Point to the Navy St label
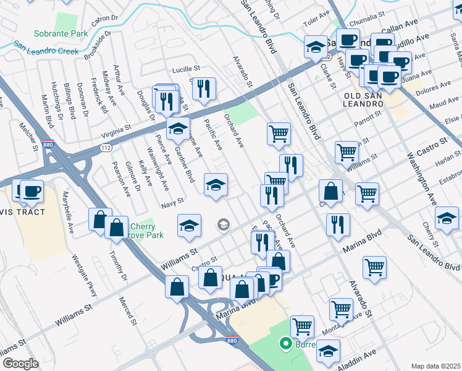click(172, 201)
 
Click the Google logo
click(20, 363)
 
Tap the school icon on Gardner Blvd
click(178, 129)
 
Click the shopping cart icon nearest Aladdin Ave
click(302, 325)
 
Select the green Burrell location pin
click(285, 343)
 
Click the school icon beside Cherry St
click(447, 218)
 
